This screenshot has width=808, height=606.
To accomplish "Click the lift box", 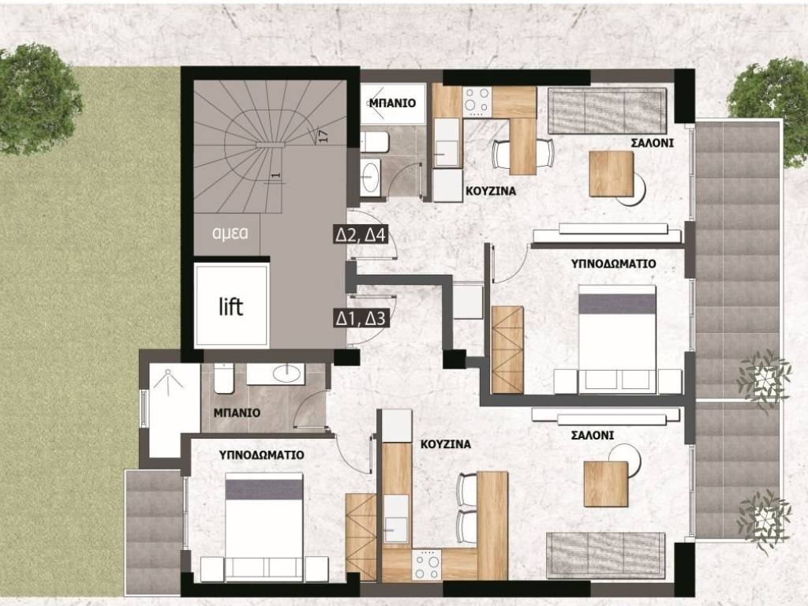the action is tap(233, 306).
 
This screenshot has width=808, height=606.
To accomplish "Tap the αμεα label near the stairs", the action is tap(230, 233).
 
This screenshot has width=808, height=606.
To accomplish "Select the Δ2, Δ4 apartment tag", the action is tap(361, 235).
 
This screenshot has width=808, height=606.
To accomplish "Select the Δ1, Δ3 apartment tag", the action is tap(360, 319).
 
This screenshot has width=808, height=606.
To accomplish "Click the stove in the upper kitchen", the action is tap(477, 101).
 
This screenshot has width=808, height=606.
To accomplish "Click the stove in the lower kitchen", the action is tap(426, 564).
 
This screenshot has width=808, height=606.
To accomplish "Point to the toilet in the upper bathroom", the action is tap(374, 142).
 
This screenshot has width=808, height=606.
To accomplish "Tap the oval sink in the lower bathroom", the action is tap(287, 373).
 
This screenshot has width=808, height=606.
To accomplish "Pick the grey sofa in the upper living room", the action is tap(607, 110).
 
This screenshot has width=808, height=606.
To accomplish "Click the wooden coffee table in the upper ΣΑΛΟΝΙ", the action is tap(612, 174).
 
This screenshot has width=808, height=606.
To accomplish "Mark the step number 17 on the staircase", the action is tap(323, 136).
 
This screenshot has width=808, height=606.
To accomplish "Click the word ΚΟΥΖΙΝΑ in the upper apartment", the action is tap(491, 191).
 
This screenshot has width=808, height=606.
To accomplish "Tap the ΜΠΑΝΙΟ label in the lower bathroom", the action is tap(237, 413).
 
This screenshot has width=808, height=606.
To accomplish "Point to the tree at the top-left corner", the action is tap(37, 99).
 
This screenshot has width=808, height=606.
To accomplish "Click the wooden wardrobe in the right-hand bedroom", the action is tap(507, 350).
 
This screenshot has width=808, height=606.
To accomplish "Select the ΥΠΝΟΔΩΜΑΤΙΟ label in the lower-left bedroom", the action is tap(261, 455).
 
